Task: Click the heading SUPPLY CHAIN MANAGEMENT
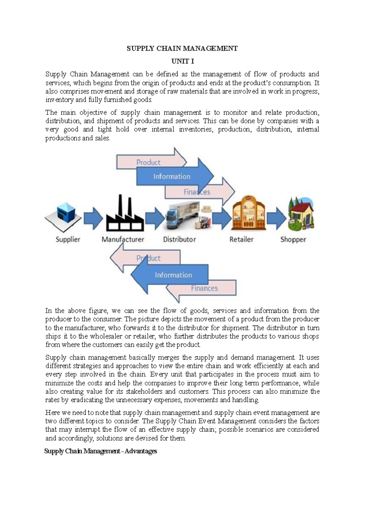point(182,48)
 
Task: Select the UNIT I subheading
point(182,61)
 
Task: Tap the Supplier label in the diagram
point(68,239)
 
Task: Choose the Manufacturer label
point(123,239)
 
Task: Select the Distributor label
point(179,239)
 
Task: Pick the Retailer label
point(241,239)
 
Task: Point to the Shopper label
point(293,239)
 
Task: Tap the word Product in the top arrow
point(148,163)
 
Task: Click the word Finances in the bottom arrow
point(204,288)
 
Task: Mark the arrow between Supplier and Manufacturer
point(93,218)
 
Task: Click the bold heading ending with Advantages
point(101,451)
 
